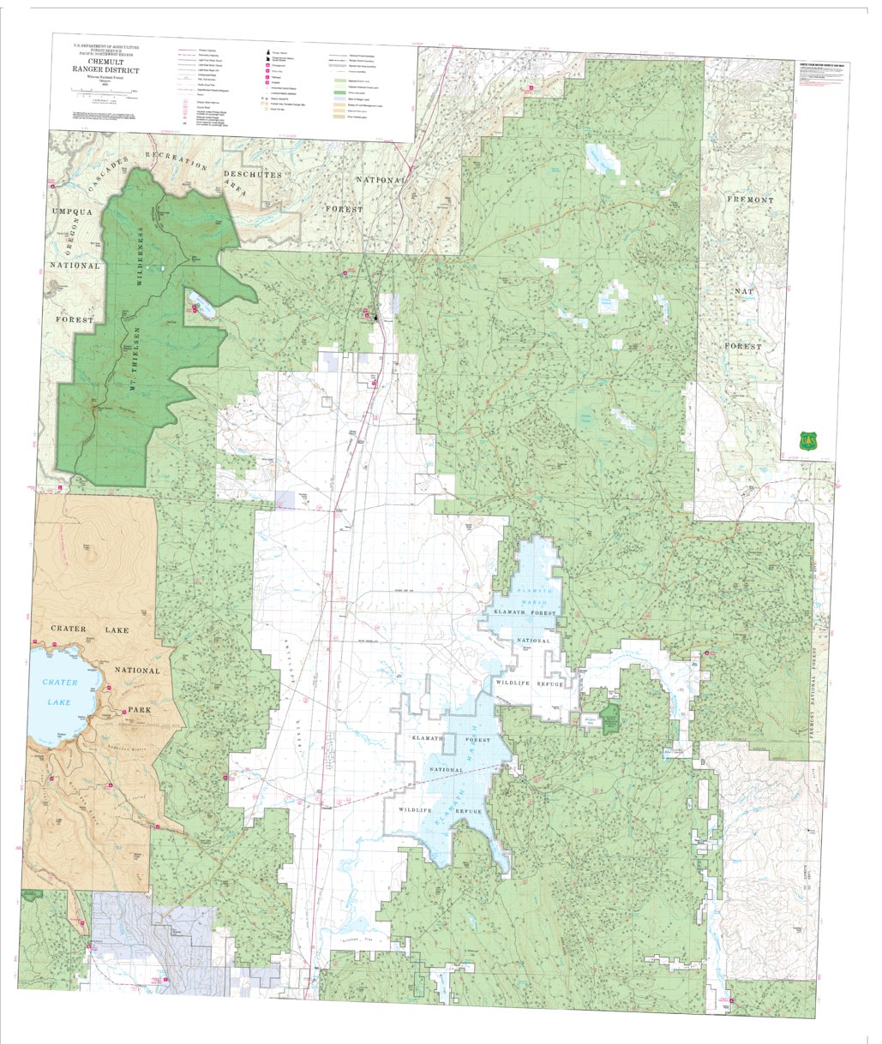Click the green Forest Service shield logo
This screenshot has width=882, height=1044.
coord(806,440)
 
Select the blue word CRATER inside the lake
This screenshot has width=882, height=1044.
coord(60,683)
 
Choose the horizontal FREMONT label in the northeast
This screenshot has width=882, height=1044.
coord(750,200)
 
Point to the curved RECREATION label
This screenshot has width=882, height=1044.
coord(176,159)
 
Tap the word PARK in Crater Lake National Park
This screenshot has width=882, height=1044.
coord(139,710)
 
